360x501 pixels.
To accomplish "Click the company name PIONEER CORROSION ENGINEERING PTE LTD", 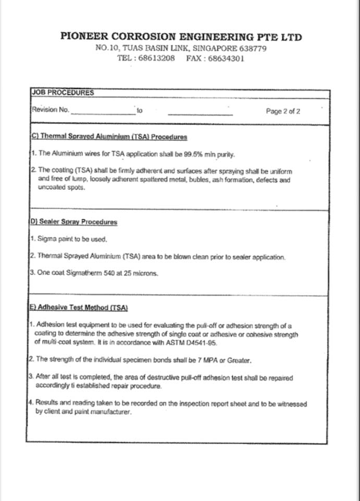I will click(181, 37).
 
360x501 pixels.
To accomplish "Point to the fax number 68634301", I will click(226, 58).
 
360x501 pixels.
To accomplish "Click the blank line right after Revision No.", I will click(103, 112).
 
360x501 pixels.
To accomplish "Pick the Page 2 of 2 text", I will click(283, 111).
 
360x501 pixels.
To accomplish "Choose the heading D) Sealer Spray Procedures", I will click(73, 222).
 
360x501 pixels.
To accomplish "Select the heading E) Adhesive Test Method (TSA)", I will click(79, 308).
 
